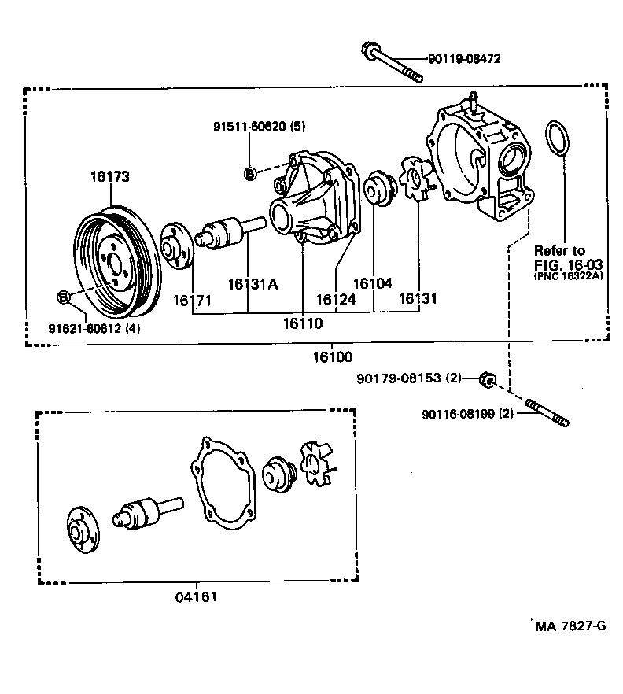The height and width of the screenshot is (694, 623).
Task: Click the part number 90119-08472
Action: [464, 59]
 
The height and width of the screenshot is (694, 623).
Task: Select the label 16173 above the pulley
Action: [109, 178]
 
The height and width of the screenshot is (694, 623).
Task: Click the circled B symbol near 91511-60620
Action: [249, 174]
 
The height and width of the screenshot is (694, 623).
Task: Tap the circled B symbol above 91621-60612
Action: [64, 297]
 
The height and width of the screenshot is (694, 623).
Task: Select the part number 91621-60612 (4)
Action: [94, 328]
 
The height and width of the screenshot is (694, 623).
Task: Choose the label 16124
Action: [336, 299]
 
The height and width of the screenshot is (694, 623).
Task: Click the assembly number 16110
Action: [303, 323]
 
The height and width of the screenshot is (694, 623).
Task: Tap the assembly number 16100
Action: [329, 356]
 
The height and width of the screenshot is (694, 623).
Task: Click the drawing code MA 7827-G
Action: [570, 626]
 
